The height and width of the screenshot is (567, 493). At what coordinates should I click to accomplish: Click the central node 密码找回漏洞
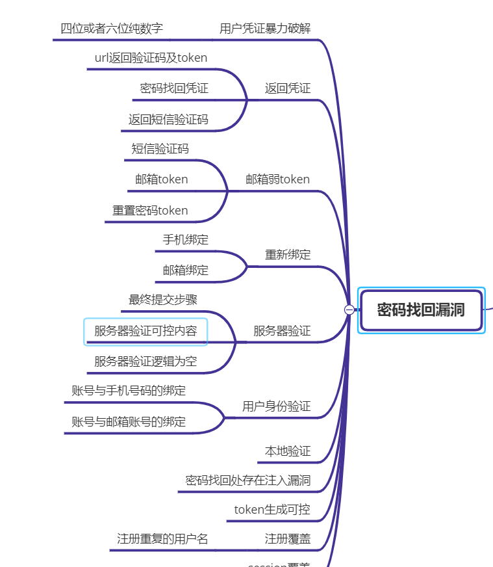tap(421, 310)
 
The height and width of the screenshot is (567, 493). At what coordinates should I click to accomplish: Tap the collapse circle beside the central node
tap(349, 310)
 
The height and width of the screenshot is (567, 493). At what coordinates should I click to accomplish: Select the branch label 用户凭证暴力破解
tap(265, 29)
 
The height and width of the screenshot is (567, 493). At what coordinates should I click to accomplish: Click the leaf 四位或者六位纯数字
tap(112, 29)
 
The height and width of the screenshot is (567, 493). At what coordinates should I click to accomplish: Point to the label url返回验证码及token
tap(151, 58)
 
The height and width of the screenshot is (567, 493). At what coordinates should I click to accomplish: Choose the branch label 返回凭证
tap(288, 88)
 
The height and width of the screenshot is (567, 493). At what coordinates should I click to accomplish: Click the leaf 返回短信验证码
tap(168, 119)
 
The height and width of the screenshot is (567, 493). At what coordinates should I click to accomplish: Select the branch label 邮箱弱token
tap(277, 179)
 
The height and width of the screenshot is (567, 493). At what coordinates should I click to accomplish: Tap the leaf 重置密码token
tap(150, 211)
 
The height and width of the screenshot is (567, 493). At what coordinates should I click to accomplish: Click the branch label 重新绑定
tap(288, 254)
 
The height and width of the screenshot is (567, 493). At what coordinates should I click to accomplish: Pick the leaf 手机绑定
tap(186, 240)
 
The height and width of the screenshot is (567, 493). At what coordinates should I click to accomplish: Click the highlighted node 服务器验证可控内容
tap(145, 331)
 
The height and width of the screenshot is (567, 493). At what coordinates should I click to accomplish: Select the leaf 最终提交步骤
tap(163, 300)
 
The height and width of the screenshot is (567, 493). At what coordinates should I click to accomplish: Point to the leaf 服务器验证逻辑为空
tap(145, 362)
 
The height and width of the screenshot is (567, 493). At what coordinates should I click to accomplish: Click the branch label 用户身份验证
tap(277, 407)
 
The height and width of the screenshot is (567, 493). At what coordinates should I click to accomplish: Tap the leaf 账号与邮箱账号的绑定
tap(129, 422)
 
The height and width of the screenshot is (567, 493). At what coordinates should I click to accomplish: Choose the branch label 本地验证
tap(288, 451)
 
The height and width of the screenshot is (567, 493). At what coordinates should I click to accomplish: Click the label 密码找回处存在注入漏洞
tap(248, 481)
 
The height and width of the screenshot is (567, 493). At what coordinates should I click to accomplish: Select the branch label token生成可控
tap(272, 510)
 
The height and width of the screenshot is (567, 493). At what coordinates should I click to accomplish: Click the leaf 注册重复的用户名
tap(162, 539)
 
